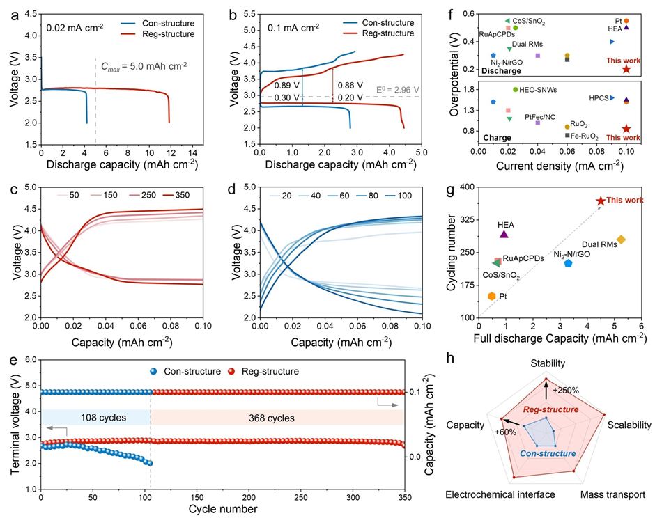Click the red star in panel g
coord(601,201)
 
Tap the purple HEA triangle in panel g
coord(504,234)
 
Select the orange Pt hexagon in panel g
coord(492,296)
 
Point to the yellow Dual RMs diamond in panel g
coord(622,240)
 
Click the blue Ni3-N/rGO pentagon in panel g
coord(568,263)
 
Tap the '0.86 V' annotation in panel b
coord(350,86)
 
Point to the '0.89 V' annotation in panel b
coord(286,86)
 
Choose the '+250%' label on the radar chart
coord(565,390)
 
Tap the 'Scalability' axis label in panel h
coord(629,425)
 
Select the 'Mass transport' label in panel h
coord(613,494)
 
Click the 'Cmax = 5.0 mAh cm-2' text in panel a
coord(144,68)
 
